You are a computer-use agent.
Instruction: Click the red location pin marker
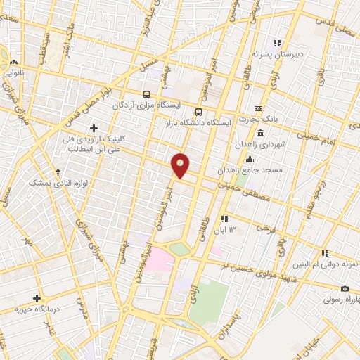[181, 165]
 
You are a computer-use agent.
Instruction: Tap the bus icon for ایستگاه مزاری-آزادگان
[146, 94]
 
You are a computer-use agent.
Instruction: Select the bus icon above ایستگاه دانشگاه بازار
[199, 112]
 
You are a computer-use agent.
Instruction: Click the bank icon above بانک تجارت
[259, 108]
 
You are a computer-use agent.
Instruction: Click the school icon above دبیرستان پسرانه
[278, 42]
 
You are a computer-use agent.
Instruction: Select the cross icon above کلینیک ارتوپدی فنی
[94, 128]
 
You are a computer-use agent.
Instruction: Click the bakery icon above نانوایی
[13, 62]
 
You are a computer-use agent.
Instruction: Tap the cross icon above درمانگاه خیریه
[37, 298]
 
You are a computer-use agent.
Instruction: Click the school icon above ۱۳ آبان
[224, 219]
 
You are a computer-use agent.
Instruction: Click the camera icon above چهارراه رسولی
[345, 288]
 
